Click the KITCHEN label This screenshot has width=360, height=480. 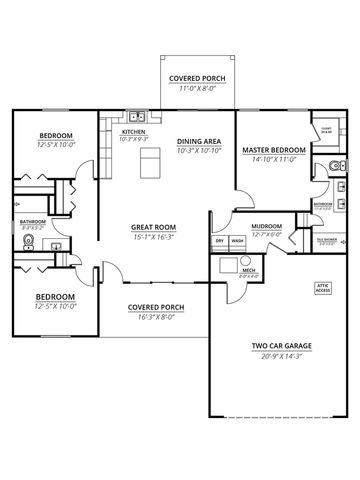tap(134, 131)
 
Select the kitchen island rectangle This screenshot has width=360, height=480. tap(150, 160)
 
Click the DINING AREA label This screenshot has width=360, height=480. tap(198, 142)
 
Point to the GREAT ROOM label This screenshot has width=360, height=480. tap(153, 227)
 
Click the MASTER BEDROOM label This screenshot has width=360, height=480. tap(270, 150)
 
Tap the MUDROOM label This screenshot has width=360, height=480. tap(266, 227)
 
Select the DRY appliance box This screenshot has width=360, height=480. tap(220, 241)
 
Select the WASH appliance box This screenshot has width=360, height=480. tap(238, 241)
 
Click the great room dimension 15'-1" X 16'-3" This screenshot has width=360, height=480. tap(153, 238)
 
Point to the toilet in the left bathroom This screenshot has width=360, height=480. tap(20, 239)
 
